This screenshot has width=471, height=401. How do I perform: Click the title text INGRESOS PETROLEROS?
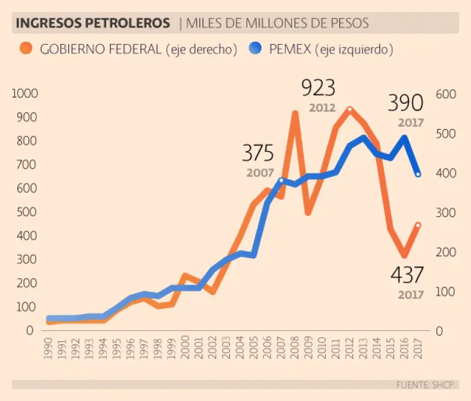93,23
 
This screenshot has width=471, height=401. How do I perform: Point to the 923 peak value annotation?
318,88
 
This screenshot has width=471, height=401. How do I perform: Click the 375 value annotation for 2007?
258,153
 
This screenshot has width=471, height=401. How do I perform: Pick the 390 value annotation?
405,103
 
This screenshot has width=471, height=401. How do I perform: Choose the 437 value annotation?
407,274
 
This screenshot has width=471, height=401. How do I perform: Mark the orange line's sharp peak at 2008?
295,114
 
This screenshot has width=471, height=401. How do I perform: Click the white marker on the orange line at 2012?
350,110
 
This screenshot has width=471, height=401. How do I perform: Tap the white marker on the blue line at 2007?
281,181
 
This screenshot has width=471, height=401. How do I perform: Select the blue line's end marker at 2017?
418,174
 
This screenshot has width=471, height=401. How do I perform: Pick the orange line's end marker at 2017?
418,225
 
